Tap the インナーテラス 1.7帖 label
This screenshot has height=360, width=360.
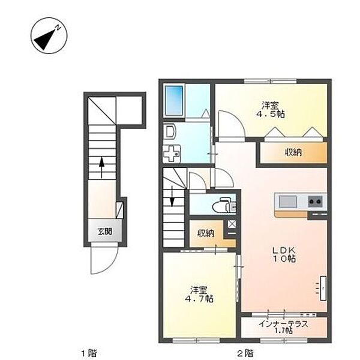coord(284,328)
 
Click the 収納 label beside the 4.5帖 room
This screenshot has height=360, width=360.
coord(293,152)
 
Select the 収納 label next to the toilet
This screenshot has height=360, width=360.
coord(204,233)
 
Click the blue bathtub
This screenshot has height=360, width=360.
coord(175,96)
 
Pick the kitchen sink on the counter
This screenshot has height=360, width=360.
coord(287,200)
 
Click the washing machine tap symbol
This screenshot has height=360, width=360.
coord(171,154)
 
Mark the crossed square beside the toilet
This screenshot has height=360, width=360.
coord(232,224)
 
